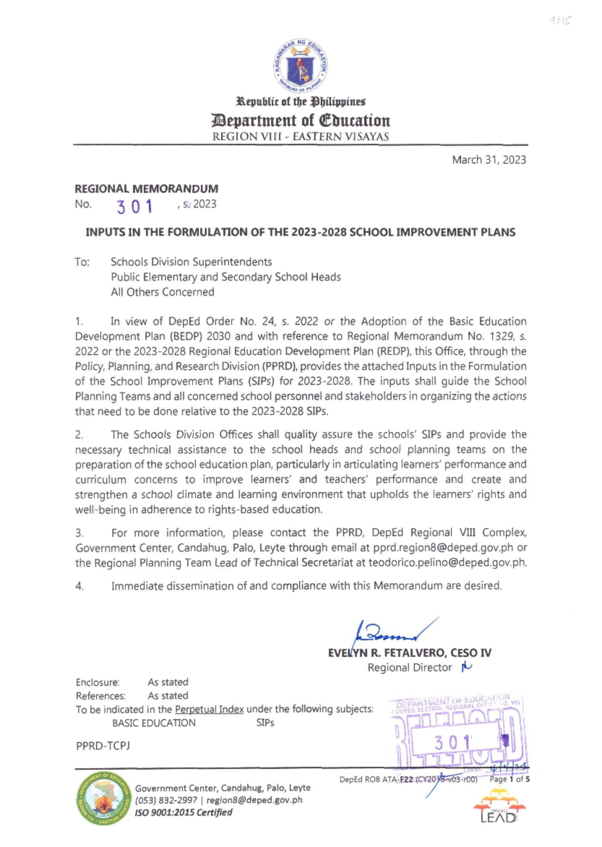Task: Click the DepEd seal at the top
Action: coord(300,65)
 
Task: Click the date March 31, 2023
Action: coord(489,160)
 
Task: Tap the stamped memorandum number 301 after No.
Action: coord(134,206)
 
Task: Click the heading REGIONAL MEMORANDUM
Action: coord(146,189)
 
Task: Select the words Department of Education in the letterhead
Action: coord(300,120)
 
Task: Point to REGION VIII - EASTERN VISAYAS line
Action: coord(300,136)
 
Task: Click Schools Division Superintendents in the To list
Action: coord(191,262)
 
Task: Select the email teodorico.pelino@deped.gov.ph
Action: coord(447,562)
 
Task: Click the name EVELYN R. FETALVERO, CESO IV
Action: coord(409,653)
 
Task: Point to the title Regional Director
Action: coord(409,667)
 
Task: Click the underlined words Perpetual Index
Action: coord(209,709)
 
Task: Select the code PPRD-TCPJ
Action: coord(103,746)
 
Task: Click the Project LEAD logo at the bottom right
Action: coord(498,806)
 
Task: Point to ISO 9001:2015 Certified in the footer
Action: coord(184,812)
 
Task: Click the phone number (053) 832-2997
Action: coord(166,800)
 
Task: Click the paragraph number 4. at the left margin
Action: coord(79,586)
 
